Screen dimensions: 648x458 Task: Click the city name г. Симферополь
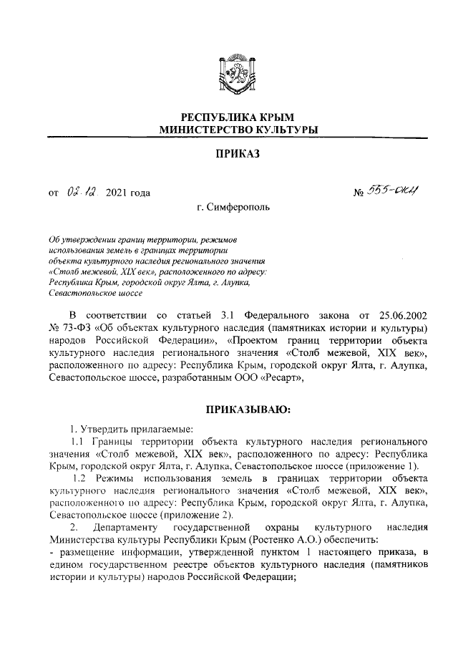pos(233,207)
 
